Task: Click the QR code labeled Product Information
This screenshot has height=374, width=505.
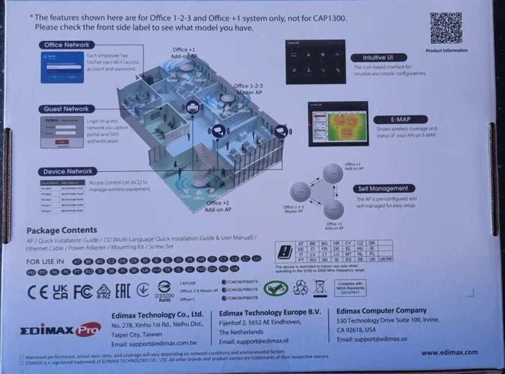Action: [x=446, y=28]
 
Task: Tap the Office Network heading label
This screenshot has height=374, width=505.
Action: [x=67, y=45]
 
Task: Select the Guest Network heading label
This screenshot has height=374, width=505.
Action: [x=67, y=109]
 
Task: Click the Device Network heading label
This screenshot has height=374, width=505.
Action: [x=67, y=171]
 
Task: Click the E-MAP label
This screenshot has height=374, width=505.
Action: [x=391, y=120]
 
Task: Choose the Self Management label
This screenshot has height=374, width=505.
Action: [x=383, y=188]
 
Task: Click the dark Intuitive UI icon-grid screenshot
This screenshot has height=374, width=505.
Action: [x=315, y=62]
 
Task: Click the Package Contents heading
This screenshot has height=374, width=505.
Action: [x=62, y=230]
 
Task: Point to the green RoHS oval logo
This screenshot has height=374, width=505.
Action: [x=276, y=287]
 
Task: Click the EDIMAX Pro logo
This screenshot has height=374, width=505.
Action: [x=60, y=330]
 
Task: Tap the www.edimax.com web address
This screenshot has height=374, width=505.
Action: [x=449, y=352]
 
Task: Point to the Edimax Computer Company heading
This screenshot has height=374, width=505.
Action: [x=382, y=311]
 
